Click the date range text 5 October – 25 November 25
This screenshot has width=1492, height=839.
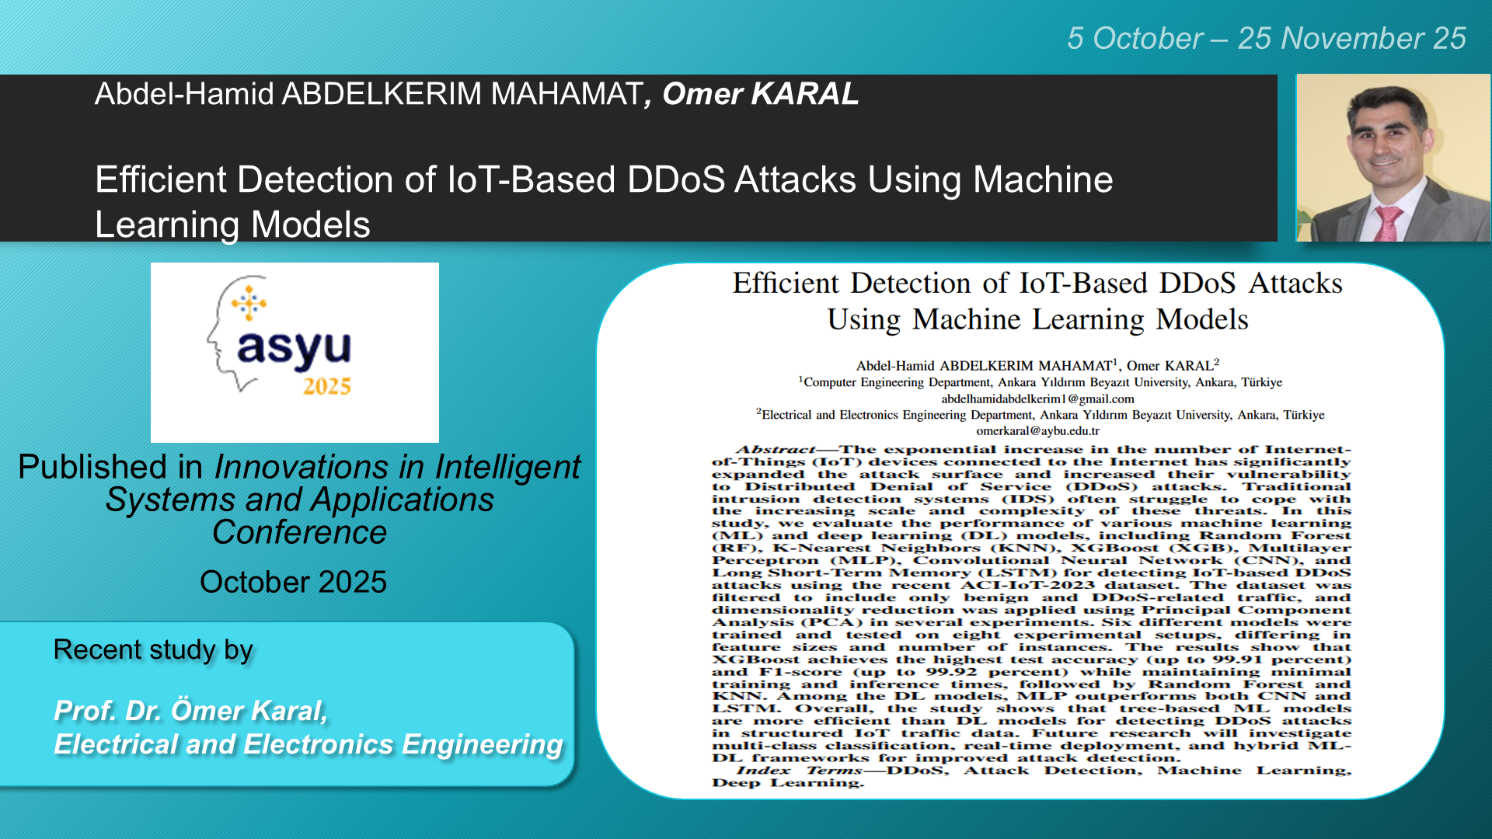pos(1267,38)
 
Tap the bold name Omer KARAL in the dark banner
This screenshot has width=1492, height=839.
pos(760,93)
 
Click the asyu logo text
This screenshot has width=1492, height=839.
pos(294,347)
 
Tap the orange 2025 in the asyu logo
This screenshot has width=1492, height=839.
pos(327,386)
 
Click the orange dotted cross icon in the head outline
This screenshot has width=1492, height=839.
pos(249,303)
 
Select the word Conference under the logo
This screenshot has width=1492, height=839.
pos(299,532)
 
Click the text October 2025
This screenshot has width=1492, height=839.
pos(293,582)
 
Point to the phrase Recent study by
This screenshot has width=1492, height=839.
pos(153,650)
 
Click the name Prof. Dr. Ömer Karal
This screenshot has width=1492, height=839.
pos(190,710)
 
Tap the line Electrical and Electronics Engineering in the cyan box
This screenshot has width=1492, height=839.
pos(309,744)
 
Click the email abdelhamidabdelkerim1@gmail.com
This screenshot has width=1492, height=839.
pos(1037,399)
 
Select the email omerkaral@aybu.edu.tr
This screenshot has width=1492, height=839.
pos(1037,430)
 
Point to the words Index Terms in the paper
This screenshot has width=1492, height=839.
pos(800,770)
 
